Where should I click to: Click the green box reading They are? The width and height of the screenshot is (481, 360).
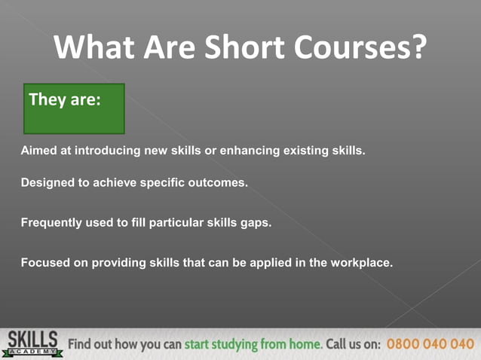pyautogui.click(x=74, y=108)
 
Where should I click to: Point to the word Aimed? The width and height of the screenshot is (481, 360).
pyautogui.click(x=37, y=150)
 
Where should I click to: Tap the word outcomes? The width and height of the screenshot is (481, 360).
pyautogui.click(x=219, y=182)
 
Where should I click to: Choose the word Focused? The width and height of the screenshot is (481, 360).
pyautogui.click(x=44, y=263)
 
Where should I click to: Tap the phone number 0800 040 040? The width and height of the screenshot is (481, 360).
pyautogui.click(x=430, y=344)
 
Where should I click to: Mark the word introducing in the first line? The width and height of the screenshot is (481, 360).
pyautogui.click(x=109, y=150)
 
